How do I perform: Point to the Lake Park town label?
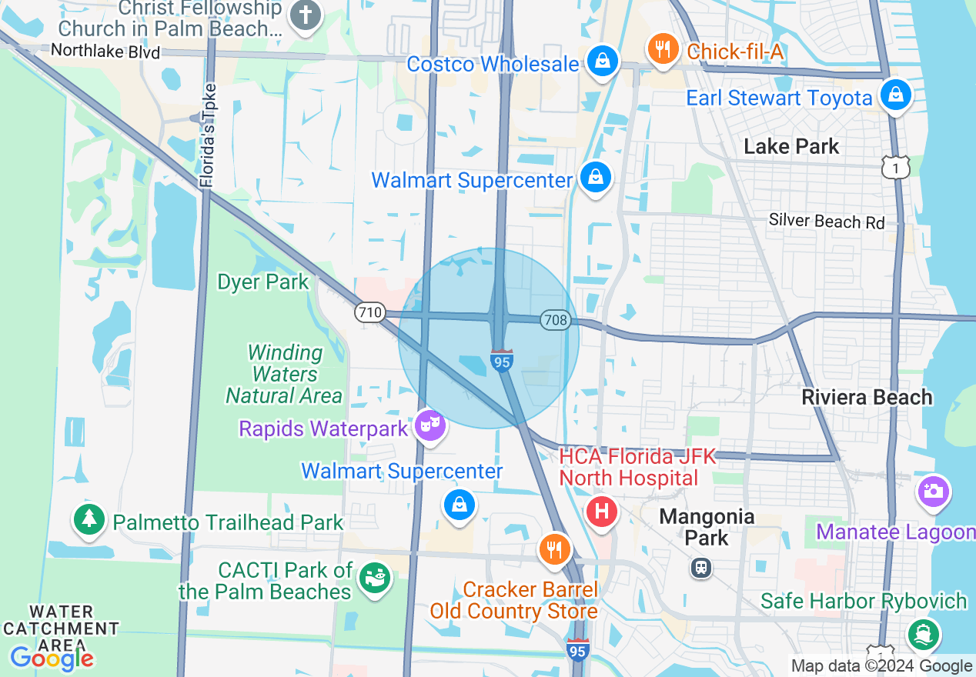click(791, 146)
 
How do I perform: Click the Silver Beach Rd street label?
click(827, 222)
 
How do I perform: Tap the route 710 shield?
click(369, 312)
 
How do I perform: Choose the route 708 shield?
click(554, 319)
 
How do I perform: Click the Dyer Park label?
click(263, 282)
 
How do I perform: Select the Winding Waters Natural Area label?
click(284, 374)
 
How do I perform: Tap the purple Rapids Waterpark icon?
click(430, 424)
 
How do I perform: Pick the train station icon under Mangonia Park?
click(700, 568)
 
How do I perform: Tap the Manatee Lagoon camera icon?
click(933, 491)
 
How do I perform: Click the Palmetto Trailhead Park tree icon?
click(89, 519)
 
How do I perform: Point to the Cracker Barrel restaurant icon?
click(553, 549)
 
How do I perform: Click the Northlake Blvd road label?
click(105, 52)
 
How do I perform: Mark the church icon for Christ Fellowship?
click(305, 15)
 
